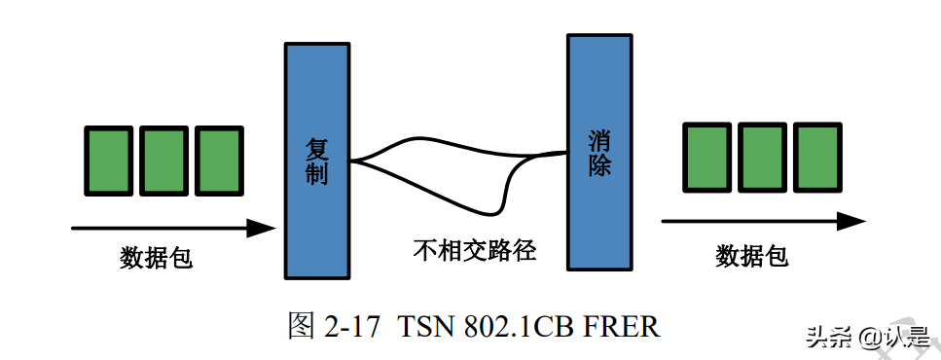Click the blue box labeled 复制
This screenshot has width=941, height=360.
tap(316, 161)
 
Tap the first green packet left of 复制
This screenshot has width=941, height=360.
tap(107, 161)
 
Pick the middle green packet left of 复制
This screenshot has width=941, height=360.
tap(163, 161)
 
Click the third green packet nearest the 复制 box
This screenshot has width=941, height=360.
tap(218, 161)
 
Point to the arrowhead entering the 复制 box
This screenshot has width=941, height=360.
tap(265, 229)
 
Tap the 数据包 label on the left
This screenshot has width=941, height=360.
tap(156, 258)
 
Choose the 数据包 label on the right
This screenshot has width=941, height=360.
tap(751, 256)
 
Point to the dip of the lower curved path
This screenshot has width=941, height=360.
tap(497, 209)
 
